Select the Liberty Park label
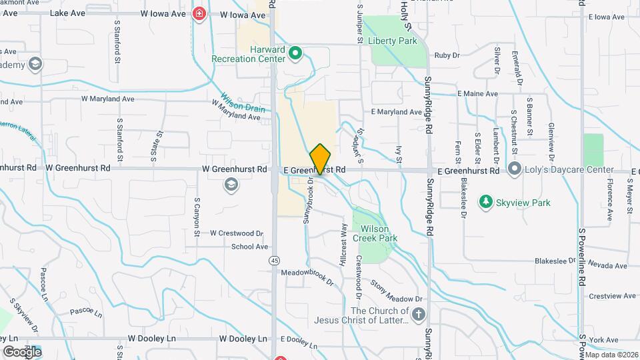click(398, 41)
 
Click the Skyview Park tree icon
click(486, 201)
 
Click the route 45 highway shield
click(275, 260)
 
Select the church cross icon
click(418, 315)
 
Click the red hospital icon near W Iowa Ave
click(198, 14)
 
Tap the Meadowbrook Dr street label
click(307, 276)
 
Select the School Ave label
click(249, 246)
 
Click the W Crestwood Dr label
click(237, 233)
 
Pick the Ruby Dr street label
click(447, 55)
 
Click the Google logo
click(22, 351)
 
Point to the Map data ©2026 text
click(611, 355)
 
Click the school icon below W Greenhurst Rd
click(231, 186)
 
